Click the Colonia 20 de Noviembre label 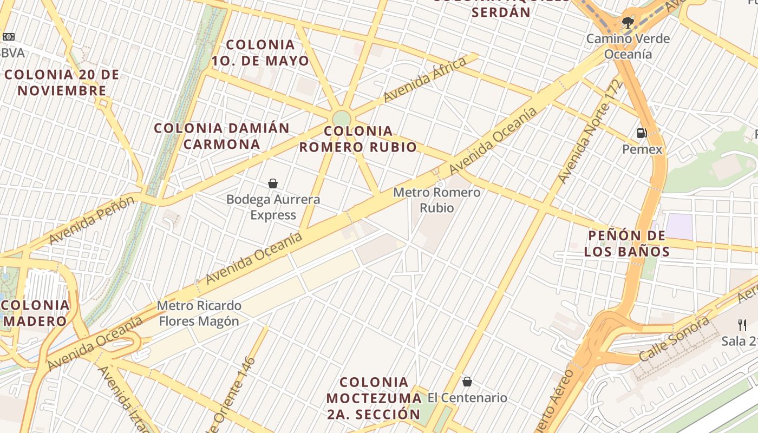pos(62,82)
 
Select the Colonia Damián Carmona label pos(222,136)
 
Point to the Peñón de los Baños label pos(626,244)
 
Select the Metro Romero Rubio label pos(436,200)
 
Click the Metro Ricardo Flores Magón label pos(199,313)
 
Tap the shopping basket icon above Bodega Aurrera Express pos(273,183)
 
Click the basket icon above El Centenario pos(467,382)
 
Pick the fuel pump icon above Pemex pos(642,133)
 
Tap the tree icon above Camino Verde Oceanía pos(628,23)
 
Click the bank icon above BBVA pos(8,37)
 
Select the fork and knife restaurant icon pos(742,325)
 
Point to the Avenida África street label pos(424,80)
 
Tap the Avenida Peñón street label pos(92,220)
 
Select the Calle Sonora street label pos(674,339)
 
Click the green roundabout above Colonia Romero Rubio pos(342,118)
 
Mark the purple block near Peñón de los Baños pos(679,226)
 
